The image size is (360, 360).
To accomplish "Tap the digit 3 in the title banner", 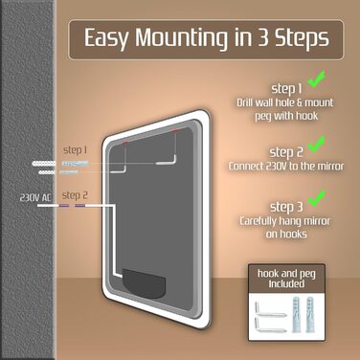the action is click(x=263, y=37).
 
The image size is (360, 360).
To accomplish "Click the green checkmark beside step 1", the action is click(x=317, y=79).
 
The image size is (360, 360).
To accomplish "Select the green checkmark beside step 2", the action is click(x=317, y=144).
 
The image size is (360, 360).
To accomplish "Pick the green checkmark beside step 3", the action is click(x=317, y=198).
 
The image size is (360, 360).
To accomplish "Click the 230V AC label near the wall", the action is click(x=35, y=197).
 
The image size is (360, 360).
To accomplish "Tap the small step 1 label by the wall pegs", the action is click(x=75, y=150).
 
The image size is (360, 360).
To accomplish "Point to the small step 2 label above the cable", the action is click(x=75, y=195).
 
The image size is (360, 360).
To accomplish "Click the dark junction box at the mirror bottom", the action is click(x=144, y=283).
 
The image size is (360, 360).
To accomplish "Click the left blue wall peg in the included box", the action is click(x=297, y=315).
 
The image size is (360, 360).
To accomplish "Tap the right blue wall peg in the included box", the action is click(x=310, y=315).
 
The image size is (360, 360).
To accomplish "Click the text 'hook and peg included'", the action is click(x=286, y=279).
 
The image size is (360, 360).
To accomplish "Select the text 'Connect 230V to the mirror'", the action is click(x=286, y=166).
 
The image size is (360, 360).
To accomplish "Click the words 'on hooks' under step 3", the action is click(x=286, y=234).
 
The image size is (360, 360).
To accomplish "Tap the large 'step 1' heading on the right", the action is click(x=286, y=89).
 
